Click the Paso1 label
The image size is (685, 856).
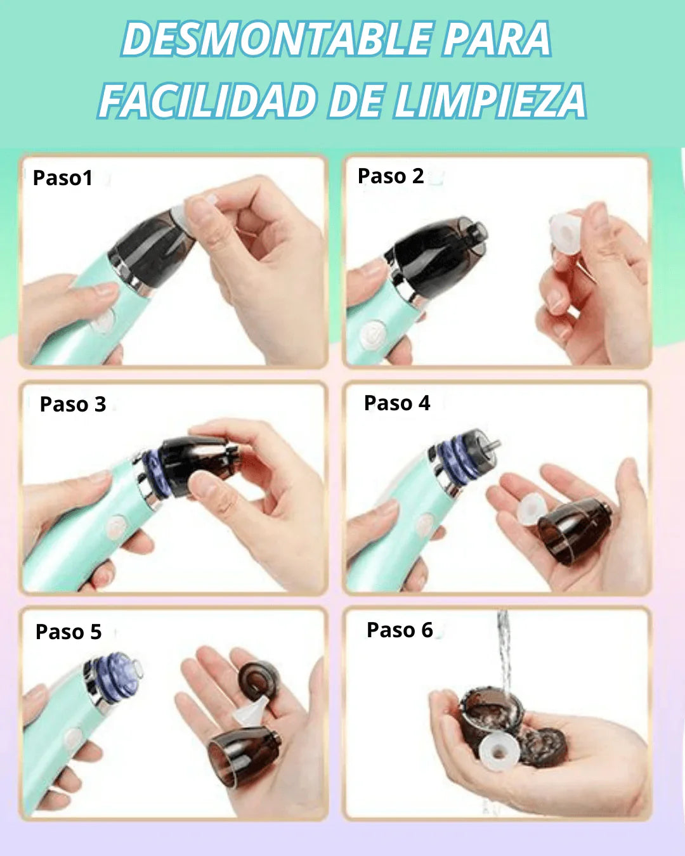click(x=63, y=178)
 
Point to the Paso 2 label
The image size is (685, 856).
click(x=391, y=176)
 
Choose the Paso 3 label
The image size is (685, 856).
click(x=73, y=404)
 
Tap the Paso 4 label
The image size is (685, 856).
click(x=397, y=403)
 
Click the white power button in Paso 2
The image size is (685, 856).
click(x=372, y=334)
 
